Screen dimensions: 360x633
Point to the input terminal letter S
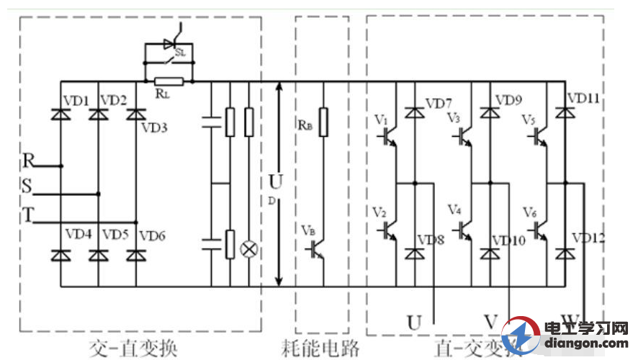27,186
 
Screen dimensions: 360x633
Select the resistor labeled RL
169,82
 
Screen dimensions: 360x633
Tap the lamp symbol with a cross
251,249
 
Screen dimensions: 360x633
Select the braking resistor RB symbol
325,122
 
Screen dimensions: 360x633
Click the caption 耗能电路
320,349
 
